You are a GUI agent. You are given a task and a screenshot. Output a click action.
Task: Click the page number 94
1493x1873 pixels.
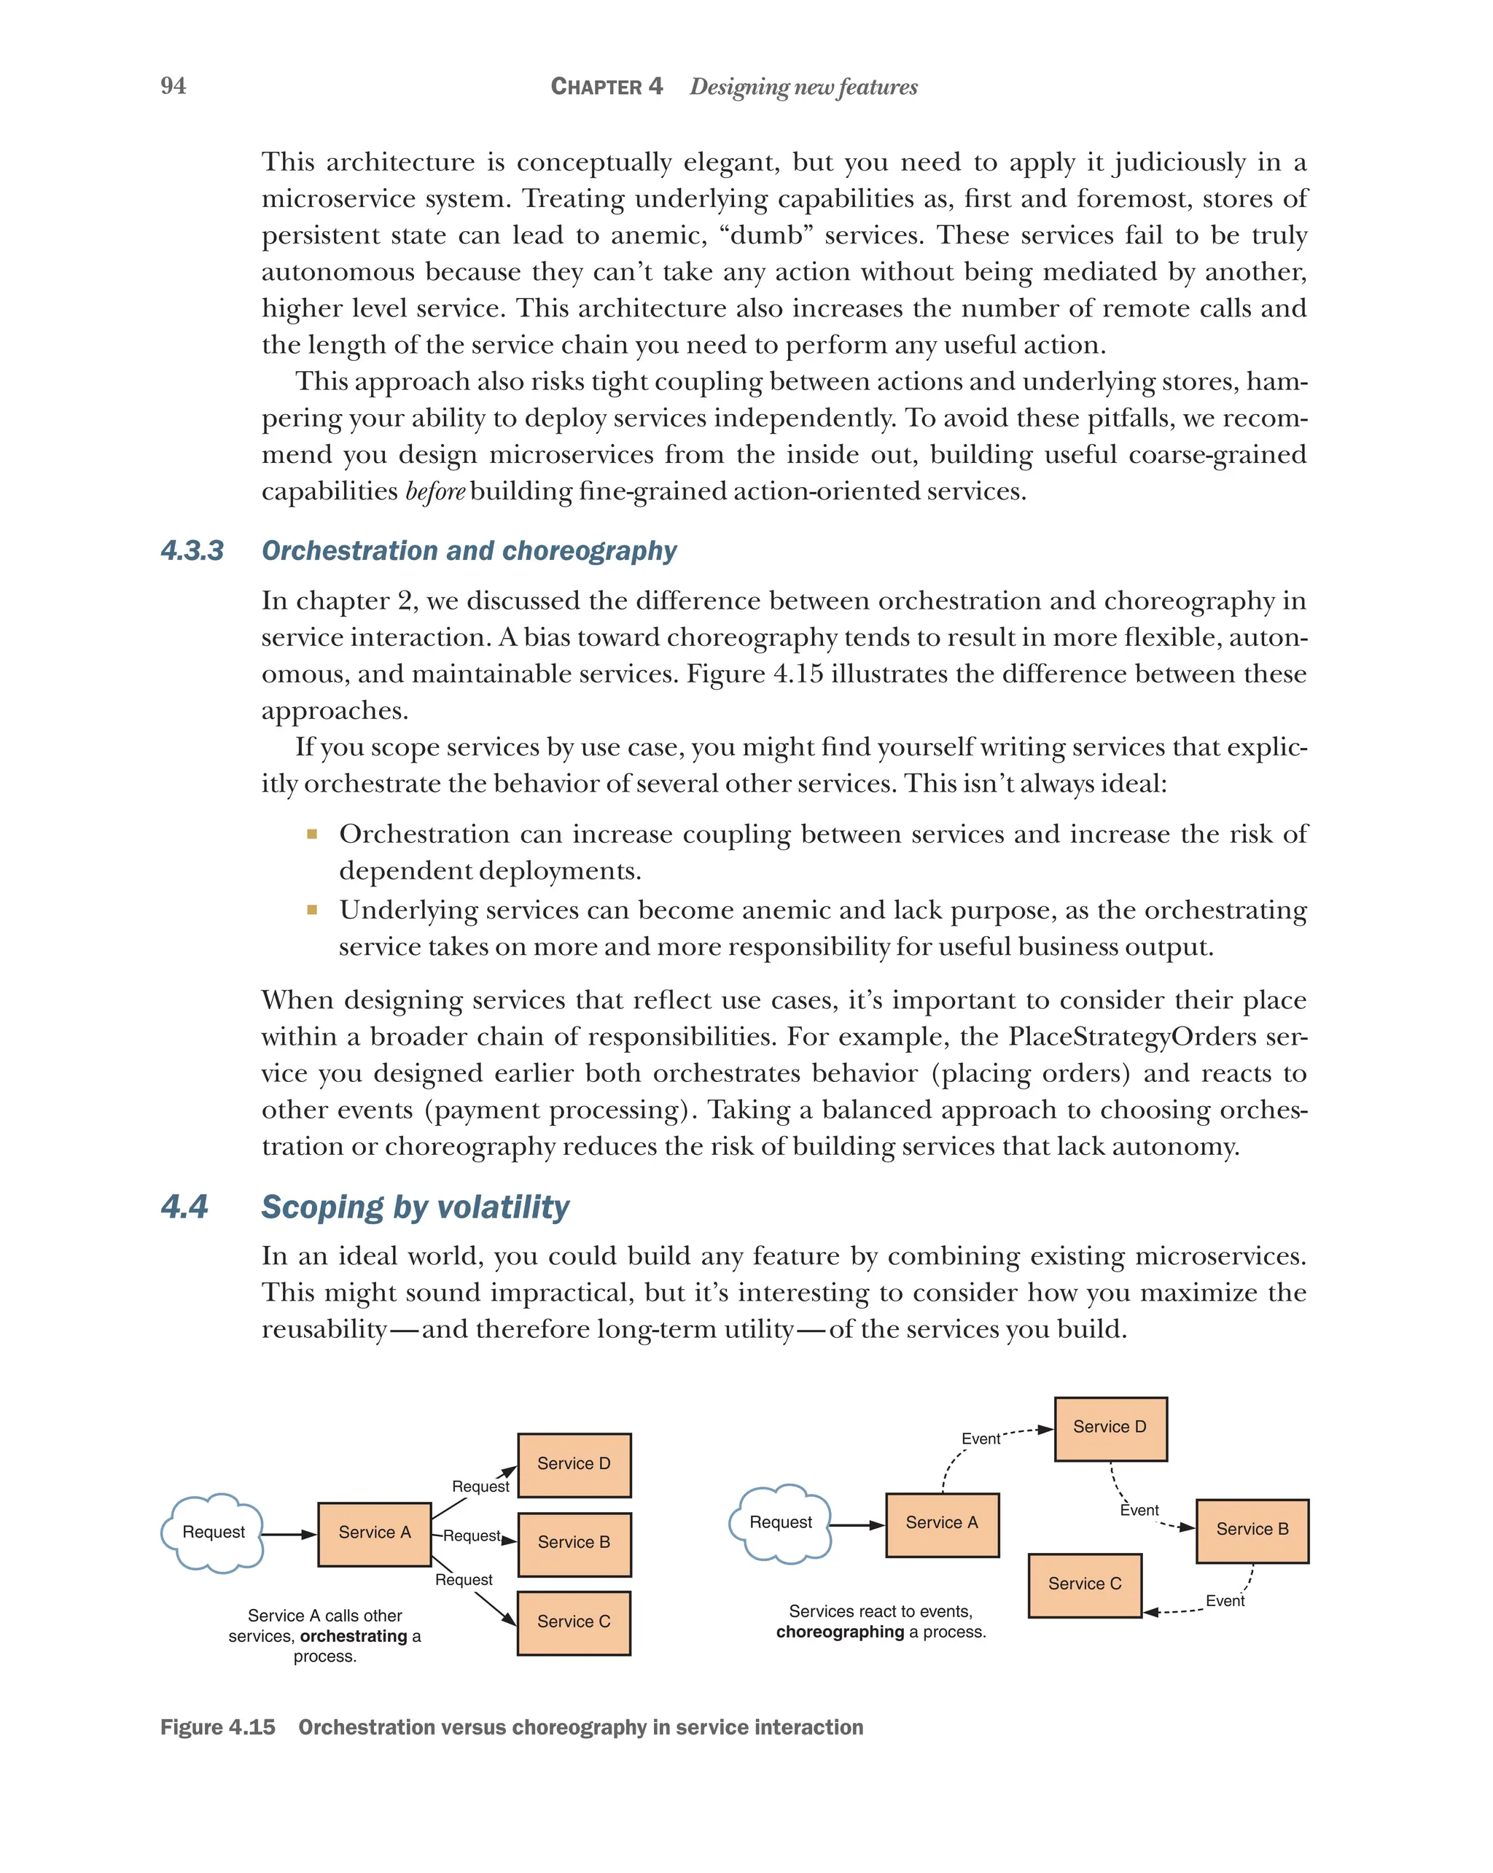point(173,86)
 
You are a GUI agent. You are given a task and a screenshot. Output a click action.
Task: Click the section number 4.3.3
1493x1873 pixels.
point(192,550)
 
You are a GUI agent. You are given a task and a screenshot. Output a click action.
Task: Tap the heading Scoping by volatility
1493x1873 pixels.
point(415,1207)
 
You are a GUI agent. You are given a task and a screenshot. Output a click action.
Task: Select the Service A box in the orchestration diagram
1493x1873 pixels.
point(374,1533)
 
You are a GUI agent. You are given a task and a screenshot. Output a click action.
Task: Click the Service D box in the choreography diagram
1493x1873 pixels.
point(1110,1428)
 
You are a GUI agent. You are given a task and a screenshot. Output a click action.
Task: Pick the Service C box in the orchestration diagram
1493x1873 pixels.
point(573,1622)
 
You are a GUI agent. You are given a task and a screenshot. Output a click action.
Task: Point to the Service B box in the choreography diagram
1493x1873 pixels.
point(1252,1530)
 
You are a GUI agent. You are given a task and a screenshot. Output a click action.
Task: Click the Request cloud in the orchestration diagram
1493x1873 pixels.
point(213,1533)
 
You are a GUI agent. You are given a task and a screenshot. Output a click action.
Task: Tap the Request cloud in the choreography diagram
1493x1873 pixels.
point(780,1523)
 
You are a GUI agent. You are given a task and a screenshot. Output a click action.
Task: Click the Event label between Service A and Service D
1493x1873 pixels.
point(980,1439)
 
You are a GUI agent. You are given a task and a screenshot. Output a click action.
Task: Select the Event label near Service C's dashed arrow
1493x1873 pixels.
point(1225,1601)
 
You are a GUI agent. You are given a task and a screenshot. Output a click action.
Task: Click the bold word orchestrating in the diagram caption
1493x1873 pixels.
point(354,1637)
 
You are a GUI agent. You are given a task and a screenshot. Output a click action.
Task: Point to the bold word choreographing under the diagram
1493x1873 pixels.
point(840,1632)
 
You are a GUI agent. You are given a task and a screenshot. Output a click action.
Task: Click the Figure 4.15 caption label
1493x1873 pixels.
point(218,1728)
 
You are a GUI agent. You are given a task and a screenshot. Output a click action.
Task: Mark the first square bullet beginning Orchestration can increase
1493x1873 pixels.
point(312,835)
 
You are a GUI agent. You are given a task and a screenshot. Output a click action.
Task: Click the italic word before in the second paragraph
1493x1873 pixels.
point(435,491)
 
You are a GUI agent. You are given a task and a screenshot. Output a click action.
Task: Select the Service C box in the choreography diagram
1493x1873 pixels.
point(1084,1584)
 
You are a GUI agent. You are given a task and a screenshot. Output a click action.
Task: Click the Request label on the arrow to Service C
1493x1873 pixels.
point(464,1580)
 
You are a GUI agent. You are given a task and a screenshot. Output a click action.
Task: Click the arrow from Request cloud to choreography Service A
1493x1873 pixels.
point(856,1525)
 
